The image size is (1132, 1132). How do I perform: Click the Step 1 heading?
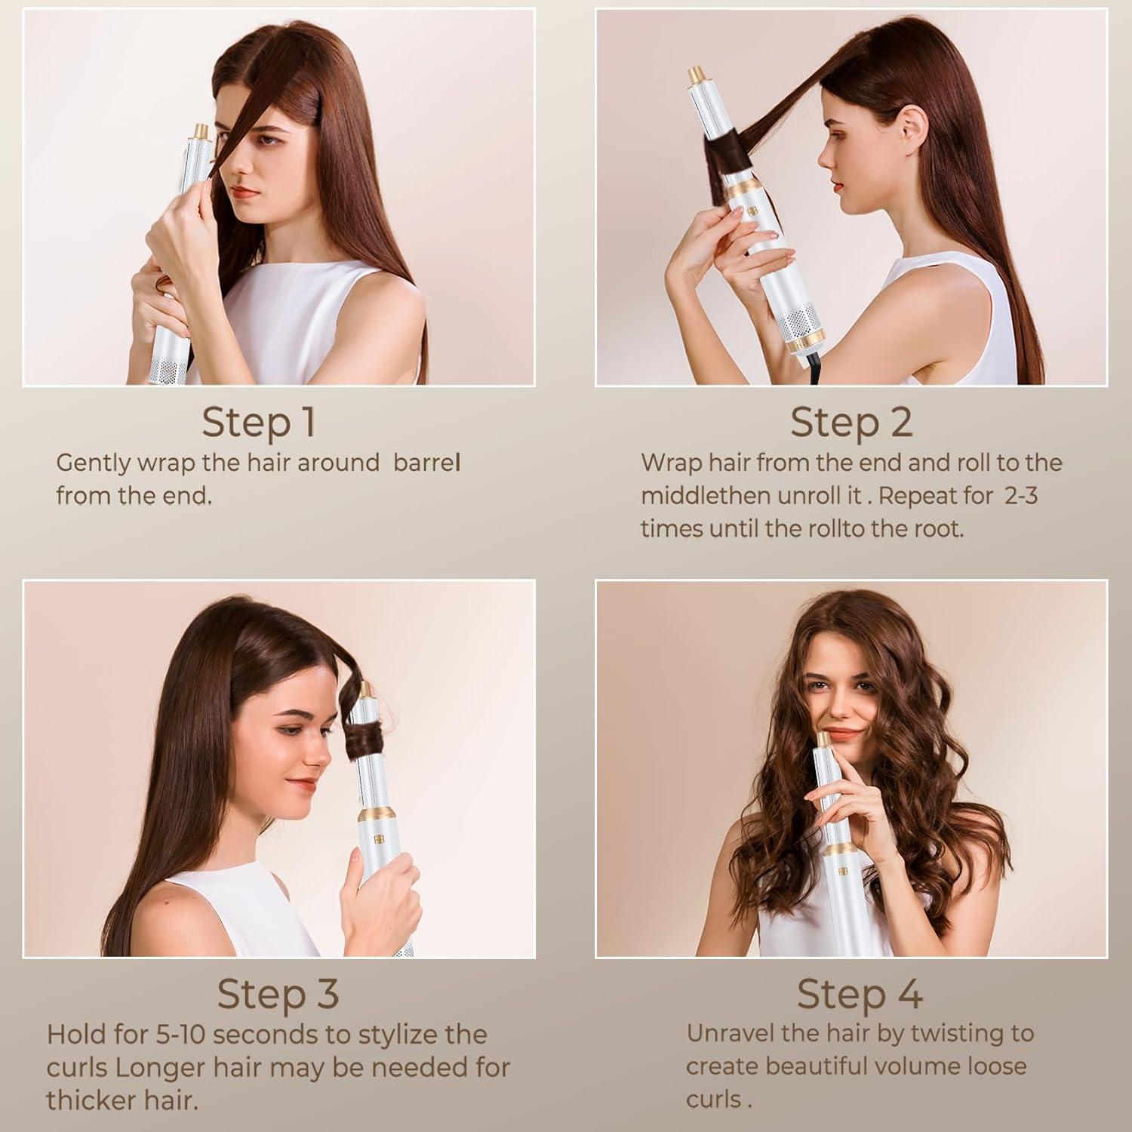coord(258,423)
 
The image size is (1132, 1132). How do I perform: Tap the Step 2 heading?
coord(851,423)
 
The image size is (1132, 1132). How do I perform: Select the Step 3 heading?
coord(278,994)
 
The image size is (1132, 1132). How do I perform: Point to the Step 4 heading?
coord(860,994)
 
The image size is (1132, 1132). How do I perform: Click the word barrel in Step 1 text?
coord(426,463)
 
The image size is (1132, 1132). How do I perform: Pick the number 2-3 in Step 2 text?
coord(1020,496)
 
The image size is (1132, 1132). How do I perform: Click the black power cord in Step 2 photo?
coord(811,370)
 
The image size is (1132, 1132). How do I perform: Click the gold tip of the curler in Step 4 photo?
coord(823,738)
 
